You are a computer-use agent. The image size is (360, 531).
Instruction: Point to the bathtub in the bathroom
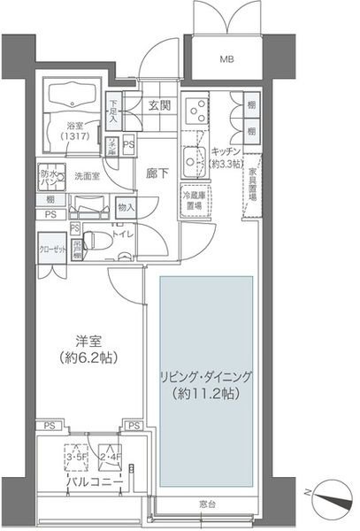tap(72, 97)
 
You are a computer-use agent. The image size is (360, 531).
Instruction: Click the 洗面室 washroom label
tap(86, 175)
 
